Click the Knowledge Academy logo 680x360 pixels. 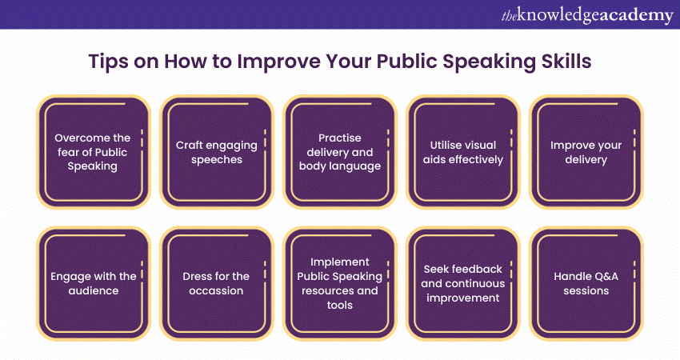(x=587, y=15)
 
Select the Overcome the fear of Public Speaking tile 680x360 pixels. (x=94, y=152)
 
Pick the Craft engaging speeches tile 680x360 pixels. (x=217, y=152)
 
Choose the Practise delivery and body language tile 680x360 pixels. (x=340, y=152)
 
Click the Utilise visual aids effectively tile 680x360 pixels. (x=463, y=152)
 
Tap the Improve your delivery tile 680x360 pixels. (x=586, y=152)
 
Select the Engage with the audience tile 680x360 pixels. (x=94, y=284)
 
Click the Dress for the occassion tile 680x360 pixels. (x=217, y=284)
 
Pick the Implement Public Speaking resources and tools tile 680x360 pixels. (x=340, y=284)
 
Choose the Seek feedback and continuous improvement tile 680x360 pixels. (x=463, y=284)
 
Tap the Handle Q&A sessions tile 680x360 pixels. (x=586, y=284)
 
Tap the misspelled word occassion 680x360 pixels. (x=216, y=290)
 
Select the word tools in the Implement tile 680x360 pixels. (x=339, y=306)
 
